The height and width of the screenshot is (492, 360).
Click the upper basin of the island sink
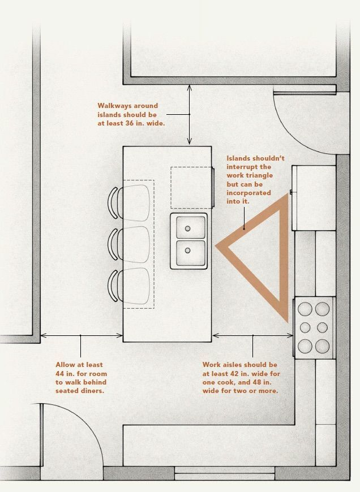pos(189,227)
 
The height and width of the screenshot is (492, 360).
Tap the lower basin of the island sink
pos(189,253)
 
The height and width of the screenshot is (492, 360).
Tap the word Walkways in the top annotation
pos(116,106)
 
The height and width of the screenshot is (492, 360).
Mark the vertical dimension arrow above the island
pos(190,114)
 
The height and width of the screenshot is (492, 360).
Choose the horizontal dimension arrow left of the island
pos(81,335)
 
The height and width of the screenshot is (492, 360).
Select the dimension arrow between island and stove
pos(252,335)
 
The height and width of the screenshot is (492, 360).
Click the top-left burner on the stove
pos(306,309)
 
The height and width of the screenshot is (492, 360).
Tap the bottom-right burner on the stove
pos(322,345)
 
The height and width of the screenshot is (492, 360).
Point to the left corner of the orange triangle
pos(218,247)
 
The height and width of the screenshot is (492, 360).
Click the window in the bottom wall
pos(224,470)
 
